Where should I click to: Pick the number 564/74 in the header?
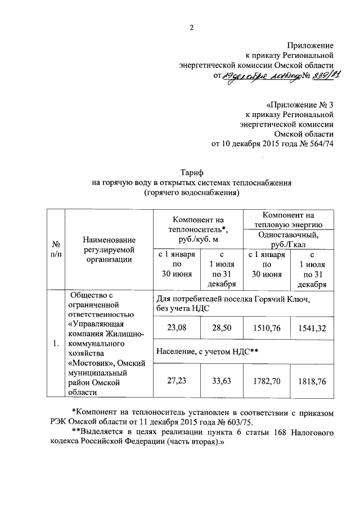(x=319, y=144)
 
